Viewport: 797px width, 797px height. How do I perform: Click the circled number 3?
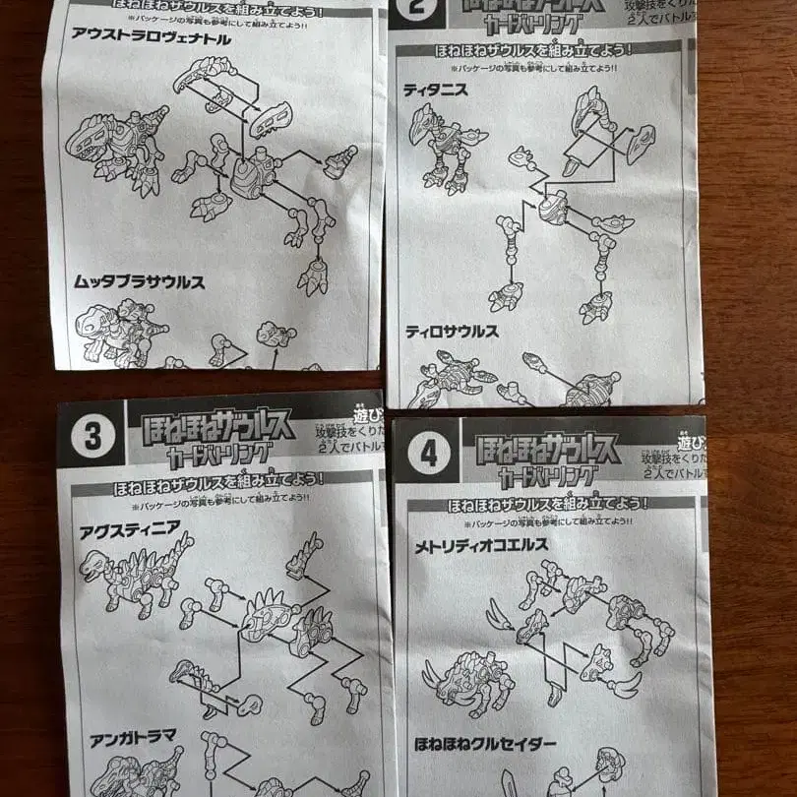click(x=92, y=436)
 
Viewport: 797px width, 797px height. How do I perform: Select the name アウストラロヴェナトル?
click(x=151, y=39)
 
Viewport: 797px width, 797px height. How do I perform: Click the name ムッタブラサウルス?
click(x=139, y=281)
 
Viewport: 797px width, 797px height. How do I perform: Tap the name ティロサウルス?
click(x=452, y=332)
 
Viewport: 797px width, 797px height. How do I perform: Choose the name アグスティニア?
click(x=131, y=527)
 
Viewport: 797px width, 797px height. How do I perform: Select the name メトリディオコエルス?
click(x=481, y=544)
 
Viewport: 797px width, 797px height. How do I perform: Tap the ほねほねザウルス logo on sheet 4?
click(x=548, y=448)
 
